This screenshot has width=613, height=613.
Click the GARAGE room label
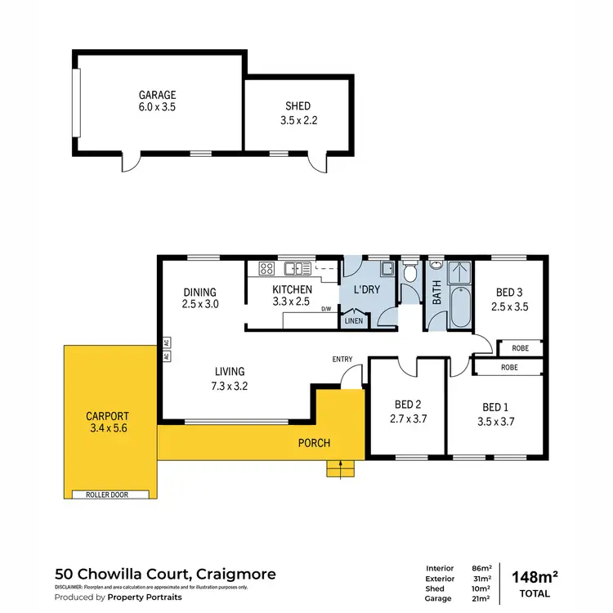pos(157,95)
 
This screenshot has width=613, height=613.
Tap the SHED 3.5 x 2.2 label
pos(298,113)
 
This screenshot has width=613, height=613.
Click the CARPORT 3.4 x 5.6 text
pos(110,421)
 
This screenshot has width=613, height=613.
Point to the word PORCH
pos(315,444)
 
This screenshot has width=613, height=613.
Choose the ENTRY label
pos(342,360)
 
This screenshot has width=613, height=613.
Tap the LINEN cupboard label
pos(353,320)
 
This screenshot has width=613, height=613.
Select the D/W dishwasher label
pos(326,309)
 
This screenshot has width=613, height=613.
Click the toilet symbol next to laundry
pos(411,271)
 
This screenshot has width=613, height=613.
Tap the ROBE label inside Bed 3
pos(520,347)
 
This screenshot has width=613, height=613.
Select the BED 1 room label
pos(493,408)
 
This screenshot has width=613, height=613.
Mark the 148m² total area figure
pos(535,577)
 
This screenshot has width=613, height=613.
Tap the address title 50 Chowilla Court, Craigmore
pos(165,574)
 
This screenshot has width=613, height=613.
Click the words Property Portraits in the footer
pos(145,597)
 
